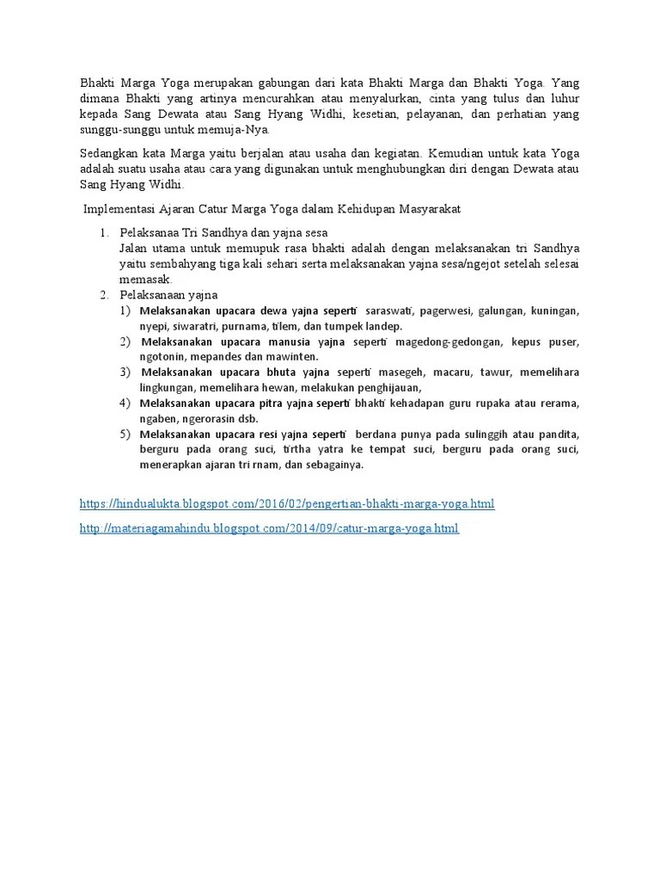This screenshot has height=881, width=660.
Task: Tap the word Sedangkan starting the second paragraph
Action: pos(108,153)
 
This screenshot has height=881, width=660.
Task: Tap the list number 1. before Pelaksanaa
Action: pos(105,232)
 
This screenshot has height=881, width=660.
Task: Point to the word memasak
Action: pos(145,279)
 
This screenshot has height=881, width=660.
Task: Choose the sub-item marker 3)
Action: pos(126,372)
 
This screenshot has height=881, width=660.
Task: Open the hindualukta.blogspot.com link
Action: pos(286,503)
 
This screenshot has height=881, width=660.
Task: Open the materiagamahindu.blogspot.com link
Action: pos(269,528)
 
